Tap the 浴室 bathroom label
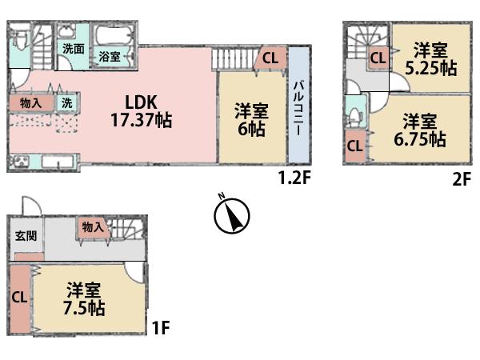click(x=110, y=57)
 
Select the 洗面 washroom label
click(x=74, y=49)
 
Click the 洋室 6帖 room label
click(x=250, y=120)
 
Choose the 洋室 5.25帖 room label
click(x=430, y=58)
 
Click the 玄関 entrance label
click(x=25, y=236)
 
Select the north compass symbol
click(x=233, y=214)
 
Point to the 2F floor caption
click(x=460, y=179)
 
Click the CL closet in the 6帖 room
click(x=270, y=58)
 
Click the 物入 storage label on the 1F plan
click(x=92, y=227)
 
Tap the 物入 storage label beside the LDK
click(x=31, y=102)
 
